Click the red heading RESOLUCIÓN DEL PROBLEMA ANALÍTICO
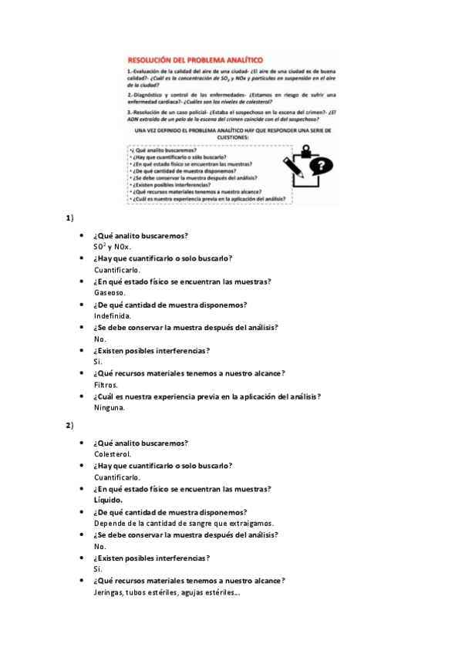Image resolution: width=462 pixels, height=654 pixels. click(x=195, y=59)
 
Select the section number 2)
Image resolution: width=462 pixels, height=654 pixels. click(x=69, y=425)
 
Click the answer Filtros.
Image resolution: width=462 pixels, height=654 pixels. click(x=106, y=385)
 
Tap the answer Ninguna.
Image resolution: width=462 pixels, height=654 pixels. click(x=109, y=408)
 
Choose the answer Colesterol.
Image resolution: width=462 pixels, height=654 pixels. click(x=112, y=454)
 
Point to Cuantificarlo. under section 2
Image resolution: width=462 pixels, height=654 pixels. click(x=117, y=477)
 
